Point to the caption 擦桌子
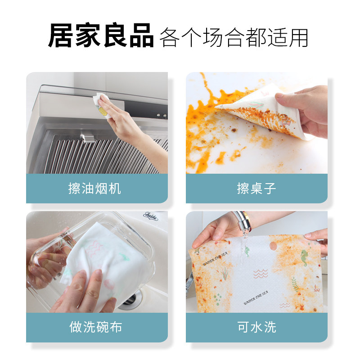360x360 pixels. pos(256,188)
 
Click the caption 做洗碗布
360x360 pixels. pos(95,327)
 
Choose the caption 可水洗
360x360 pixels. pos(256,327)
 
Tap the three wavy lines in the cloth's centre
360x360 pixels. pos(261,274)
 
